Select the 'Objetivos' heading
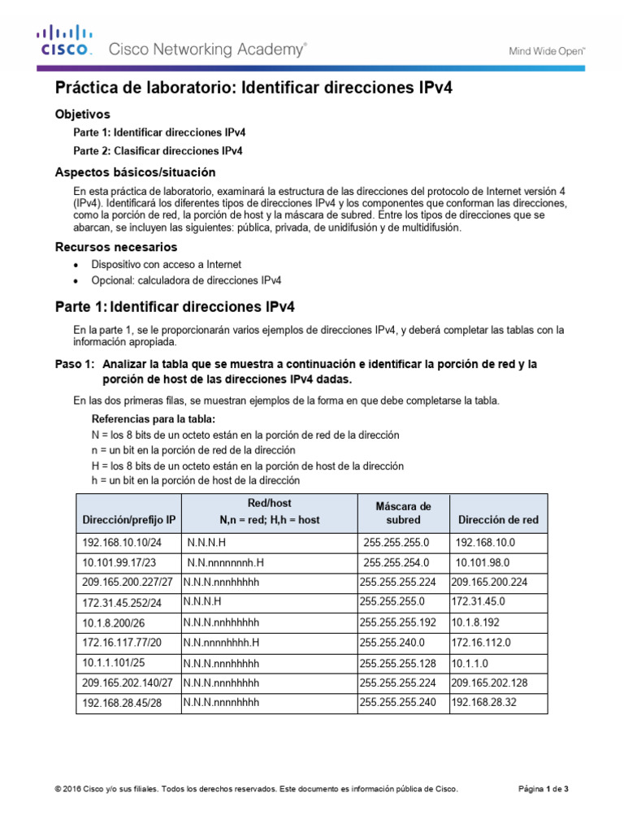82,115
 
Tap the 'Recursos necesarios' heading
115,247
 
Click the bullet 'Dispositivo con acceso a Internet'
166,265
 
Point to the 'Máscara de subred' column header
403,513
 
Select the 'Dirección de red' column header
498,519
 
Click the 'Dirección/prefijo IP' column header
128,519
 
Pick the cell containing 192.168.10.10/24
122,542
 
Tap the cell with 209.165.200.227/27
128,582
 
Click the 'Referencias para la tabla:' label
154,419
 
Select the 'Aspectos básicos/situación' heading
135,172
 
